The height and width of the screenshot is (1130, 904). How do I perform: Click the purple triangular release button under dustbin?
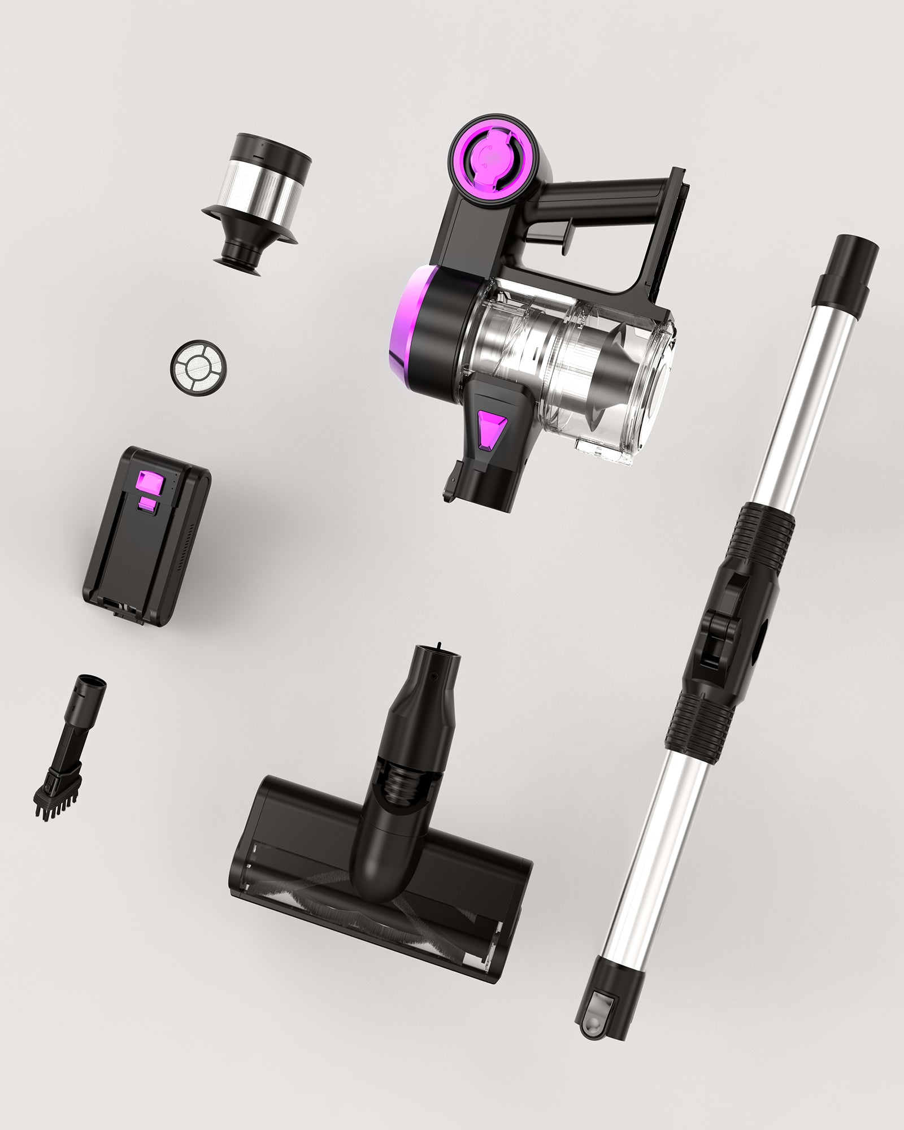tap(490, 429)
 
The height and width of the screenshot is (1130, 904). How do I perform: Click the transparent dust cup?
tap(571, 362)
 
